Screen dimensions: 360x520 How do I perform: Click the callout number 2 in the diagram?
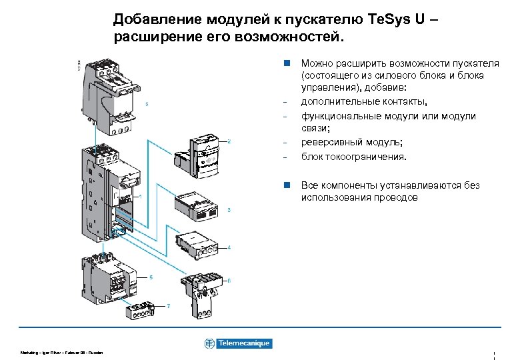pos(229,141)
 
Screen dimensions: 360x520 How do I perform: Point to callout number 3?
pos(229,210)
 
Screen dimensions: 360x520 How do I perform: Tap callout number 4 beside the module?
pos(229,247)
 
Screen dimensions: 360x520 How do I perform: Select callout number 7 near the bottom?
pos(169,305)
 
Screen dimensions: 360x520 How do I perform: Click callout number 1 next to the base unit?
pos(141,197)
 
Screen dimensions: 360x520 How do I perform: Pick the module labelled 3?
pos(195,205)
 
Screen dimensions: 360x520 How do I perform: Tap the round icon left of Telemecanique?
pos(210,343)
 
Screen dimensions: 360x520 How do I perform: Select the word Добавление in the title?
pos(157,19)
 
